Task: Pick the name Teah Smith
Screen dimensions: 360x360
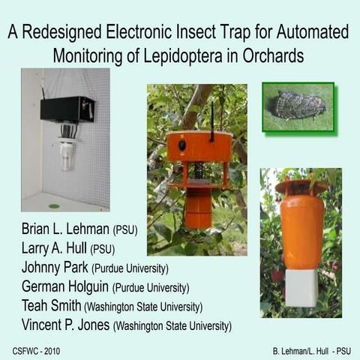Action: click(45, 306)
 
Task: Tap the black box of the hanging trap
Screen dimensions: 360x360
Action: click(67, 108)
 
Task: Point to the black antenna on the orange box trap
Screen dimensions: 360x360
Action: click(211, 118)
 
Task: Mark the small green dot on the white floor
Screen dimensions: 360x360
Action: click(54, 205)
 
